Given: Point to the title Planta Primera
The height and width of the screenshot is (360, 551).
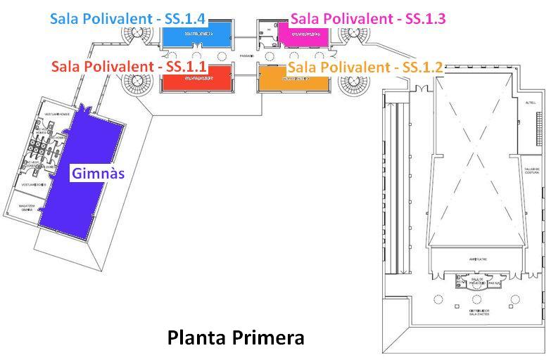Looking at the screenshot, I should coord(236,337).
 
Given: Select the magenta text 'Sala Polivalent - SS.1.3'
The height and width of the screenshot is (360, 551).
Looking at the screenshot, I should coord(368,18).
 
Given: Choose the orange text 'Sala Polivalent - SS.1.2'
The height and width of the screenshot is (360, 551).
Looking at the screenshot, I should coord(365,67).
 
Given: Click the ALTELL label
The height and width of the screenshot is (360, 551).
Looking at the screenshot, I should coord(531,102).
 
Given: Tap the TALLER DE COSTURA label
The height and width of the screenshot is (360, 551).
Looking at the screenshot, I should coord(531,172).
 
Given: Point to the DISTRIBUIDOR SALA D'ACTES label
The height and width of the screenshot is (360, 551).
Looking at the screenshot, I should coord(479,331).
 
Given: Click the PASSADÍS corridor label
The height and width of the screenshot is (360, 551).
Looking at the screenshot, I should coord(246,56).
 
